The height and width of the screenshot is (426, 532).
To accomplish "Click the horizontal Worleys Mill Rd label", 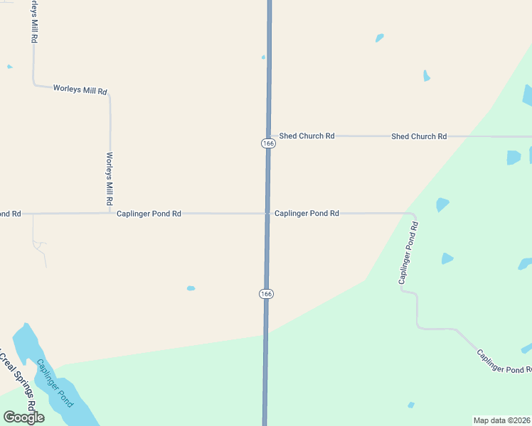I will pos(80,89).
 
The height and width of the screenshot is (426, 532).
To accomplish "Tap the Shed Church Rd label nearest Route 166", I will pos(307,136).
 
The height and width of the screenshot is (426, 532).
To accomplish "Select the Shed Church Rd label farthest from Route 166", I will pos(418,136).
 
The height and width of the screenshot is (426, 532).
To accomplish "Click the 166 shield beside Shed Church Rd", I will pos(267,143).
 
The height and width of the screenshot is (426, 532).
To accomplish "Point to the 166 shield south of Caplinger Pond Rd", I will pos(266,294).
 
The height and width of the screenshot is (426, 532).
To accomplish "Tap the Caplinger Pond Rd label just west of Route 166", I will pos(149,213).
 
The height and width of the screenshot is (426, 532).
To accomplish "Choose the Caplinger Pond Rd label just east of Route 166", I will pos(307,213).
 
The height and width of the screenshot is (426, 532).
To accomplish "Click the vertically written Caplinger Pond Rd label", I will pos(408,253).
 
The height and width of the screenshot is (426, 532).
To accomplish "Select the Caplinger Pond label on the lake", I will pos(55,383).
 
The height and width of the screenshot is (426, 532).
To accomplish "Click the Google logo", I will pos(23,417).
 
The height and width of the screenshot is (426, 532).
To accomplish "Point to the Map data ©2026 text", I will pos(501,420).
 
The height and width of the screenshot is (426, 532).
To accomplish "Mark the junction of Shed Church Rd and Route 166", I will pos(269,136).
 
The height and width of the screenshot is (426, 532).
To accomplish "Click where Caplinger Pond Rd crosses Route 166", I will pos(267,213).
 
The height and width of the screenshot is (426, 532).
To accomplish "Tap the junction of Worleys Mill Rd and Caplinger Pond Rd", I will pos(110,212).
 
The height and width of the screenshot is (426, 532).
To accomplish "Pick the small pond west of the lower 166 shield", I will pos(191,288).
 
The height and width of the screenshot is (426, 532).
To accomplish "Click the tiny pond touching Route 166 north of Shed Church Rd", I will pos(263,58).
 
